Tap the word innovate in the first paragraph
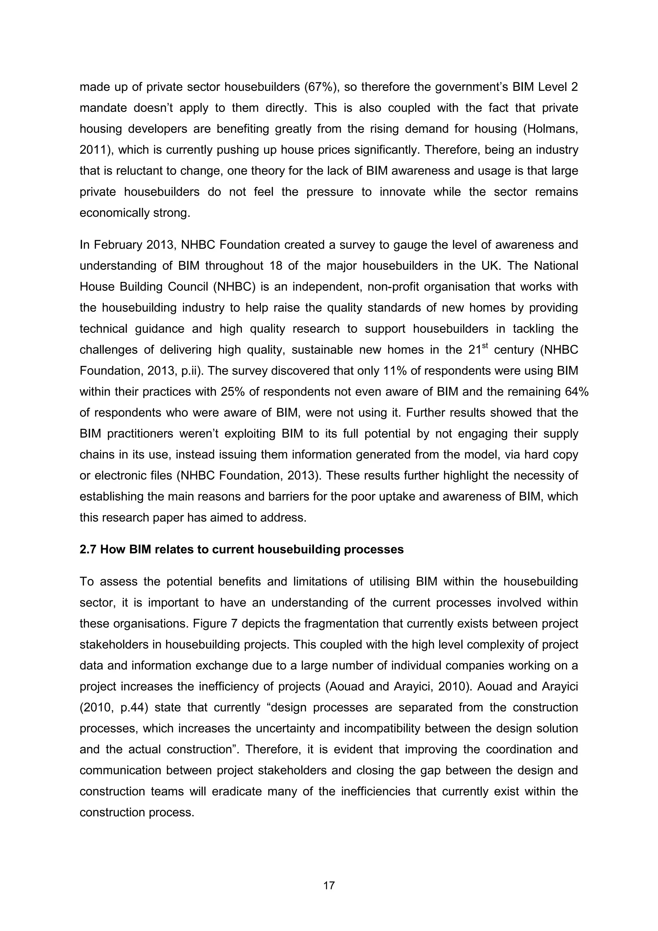[402, 192]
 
